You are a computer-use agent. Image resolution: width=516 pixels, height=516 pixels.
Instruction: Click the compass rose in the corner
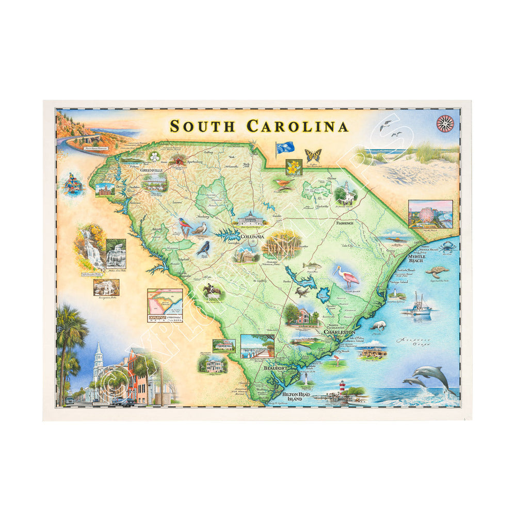pyautogui.click(x=444, y=123)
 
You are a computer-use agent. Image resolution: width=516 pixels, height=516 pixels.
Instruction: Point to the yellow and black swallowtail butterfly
pyautogui.click(x=313, y=155)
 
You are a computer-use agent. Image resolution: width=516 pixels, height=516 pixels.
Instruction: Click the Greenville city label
pyautogui.click(x=151, y=169)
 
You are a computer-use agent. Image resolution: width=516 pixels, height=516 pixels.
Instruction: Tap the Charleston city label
pyautogui.click(x=339, y=332)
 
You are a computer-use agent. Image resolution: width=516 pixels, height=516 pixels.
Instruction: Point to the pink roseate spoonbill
pyautogui.click(x=347, y=276)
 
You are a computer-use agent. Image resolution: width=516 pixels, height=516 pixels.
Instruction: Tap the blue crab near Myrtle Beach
pyautogui.click(x=448, y=246)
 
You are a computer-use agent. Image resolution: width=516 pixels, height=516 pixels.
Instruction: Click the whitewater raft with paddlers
pyautogui.click(x=73, y=184)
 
